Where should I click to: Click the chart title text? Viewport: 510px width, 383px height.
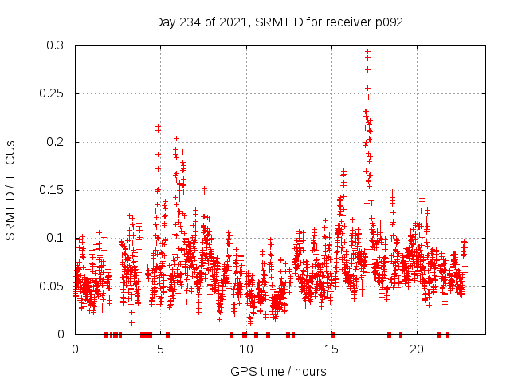278,22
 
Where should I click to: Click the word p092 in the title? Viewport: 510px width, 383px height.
387,22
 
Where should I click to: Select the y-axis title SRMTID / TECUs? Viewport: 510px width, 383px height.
11,190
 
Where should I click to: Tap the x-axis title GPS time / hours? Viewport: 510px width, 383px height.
278,371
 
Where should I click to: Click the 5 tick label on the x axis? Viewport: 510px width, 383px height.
161,349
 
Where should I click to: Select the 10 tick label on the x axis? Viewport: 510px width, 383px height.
246,349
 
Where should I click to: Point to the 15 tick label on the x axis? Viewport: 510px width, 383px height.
331,349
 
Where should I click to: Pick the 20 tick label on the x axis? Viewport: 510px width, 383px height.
417,349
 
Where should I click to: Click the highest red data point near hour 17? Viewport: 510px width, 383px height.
367,52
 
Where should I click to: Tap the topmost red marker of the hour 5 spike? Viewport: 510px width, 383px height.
159,126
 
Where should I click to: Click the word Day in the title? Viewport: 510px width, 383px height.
164,22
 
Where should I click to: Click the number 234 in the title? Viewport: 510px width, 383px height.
189,22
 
